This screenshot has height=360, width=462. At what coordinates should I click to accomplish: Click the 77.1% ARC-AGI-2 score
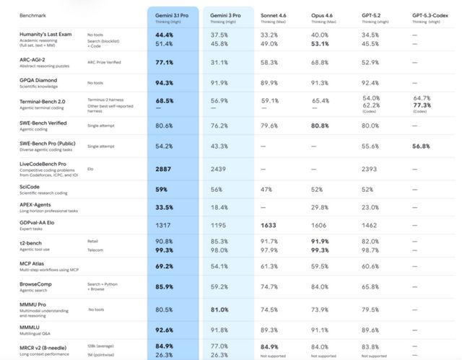coord(163,63)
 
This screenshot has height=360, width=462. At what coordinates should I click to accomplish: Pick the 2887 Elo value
coord(163,170)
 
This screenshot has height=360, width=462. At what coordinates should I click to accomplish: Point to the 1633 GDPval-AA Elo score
coord(269,225)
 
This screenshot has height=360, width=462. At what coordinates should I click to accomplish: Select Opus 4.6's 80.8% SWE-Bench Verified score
coord(321,125)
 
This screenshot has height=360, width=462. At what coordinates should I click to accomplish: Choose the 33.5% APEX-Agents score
coord(163,207)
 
